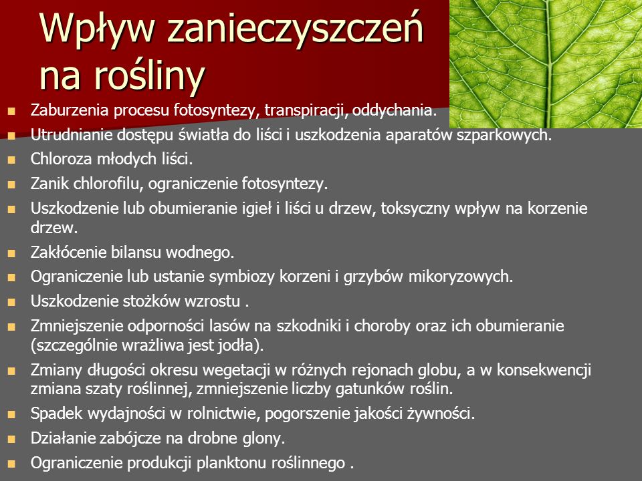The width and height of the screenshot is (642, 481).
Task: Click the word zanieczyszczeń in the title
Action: pyautogui.click(x=295, y=29)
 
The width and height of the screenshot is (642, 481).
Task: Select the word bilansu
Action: pyautogui.click(x=135, y=253)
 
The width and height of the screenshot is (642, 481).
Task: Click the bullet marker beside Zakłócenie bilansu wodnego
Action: pyautogui.click(x=11, y=254)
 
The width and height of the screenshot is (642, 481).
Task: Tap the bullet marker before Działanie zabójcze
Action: pyautogui.click(x=11, y=440)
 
